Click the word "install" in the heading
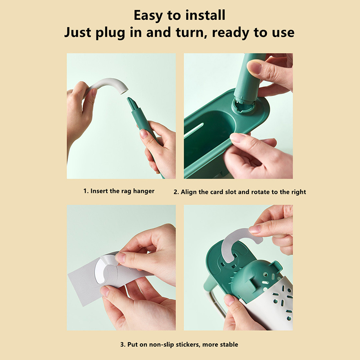pos(205,15)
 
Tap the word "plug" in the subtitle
pos(110,33)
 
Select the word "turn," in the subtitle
pos(190,32)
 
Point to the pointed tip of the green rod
pos(128,99)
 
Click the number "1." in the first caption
pos(86,191)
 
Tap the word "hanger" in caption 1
pos(144,191)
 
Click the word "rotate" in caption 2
pos(259,192)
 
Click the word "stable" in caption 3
pos(229,344)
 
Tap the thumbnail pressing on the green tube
pos(254,67)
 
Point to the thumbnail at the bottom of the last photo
pos(229,300)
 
